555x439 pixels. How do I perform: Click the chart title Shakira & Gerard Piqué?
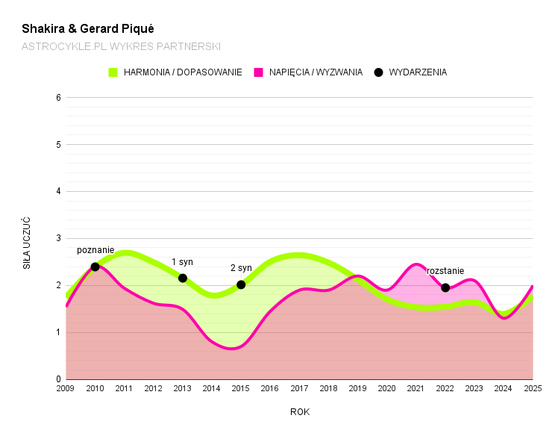[x=88, y=29]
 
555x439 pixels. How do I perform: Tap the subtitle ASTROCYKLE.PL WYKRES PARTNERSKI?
[x=121, y=46]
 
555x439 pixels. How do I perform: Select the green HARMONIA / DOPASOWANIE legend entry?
[x=176, y=72]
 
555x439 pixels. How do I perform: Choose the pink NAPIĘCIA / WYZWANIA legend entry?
[x=309, y=72]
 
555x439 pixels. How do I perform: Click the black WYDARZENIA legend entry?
[x=410, y=72]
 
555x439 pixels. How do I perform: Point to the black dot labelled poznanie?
[x=95, y=267]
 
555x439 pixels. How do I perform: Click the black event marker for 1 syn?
[x=183, y=278]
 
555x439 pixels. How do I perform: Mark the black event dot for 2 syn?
[x=241, y=284]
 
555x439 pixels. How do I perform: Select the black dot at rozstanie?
[x=445, y=287]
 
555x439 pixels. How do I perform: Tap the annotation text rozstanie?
[x=445, y=271]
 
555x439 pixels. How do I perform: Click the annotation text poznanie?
[x=95, y=250]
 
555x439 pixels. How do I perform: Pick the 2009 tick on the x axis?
[x=66, y=388]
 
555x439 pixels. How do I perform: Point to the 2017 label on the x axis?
[x=299, y=388]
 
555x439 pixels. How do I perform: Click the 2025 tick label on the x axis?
[x=533, y=388]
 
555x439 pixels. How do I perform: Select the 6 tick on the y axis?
[x=57, y=98]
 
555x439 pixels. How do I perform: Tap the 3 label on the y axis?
[x=57, y=238]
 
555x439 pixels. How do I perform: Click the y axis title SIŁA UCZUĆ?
[x=27, y=243]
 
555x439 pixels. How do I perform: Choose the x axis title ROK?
[x=299, y=411]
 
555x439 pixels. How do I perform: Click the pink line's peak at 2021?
[x=416, y=264]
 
